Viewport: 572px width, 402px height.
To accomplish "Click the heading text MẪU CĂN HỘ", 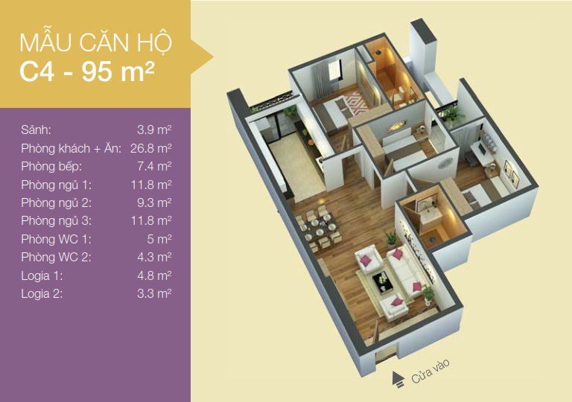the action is coord(95,42).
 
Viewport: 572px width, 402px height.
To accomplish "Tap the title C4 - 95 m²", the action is coord(87,71).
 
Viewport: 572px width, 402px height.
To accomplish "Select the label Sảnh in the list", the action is coord(36,130).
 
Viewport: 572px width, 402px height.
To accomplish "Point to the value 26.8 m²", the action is coord(151,148).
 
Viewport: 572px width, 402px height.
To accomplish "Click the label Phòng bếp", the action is coord(51,167).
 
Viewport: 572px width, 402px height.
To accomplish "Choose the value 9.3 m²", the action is coord(154,202).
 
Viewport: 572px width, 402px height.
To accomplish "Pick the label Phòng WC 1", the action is coord(56,239).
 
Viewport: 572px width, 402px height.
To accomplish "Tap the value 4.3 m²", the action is coord(154,257).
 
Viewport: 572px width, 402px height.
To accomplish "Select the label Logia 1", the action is coord(42,275).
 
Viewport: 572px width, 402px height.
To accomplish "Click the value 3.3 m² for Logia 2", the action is coord(154,293).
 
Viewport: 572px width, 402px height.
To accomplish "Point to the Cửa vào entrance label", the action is coord(430,371).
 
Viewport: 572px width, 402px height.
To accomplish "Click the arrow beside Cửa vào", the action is coord(398,379).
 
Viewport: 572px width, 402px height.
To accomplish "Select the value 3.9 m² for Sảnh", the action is coord(154,130).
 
